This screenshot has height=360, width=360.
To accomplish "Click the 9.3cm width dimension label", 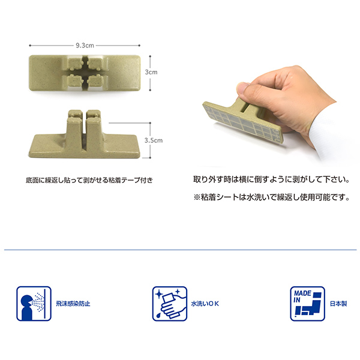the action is [x=85, y=46].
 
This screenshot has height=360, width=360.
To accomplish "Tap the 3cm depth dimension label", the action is [x=151, y=72].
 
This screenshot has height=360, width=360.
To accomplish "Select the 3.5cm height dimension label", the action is [x=154, y=140].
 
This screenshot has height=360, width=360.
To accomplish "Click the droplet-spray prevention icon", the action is [x=34, y=304].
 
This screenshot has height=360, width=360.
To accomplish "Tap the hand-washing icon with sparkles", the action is [x=170, y=304].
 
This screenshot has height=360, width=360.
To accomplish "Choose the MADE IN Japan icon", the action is [x=307, y=304].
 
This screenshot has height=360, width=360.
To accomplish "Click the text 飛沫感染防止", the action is [x=73, y=304].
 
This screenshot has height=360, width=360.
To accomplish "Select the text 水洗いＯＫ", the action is [x=205, y=304].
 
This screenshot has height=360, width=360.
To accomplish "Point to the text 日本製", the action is [x=338, y=304].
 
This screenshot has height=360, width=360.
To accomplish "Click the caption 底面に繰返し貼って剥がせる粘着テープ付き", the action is [x=89, y=180].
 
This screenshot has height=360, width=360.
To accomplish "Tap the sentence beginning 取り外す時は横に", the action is [x=271, y=179].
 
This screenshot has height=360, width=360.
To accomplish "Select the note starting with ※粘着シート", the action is [x=271, y=197].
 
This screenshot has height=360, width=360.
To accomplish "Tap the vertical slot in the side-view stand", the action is [x=84, y=131].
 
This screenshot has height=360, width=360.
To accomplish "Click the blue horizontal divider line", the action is [x=180, y=250].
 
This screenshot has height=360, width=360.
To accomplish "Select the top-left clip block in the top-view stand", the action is [x=75, y=64].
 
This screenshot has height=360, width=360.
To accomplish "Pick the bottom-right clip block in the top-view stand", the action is [x=95, y=80].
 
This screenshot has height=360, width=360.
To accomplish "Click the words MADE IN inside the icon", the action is [x=302, y=296].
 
